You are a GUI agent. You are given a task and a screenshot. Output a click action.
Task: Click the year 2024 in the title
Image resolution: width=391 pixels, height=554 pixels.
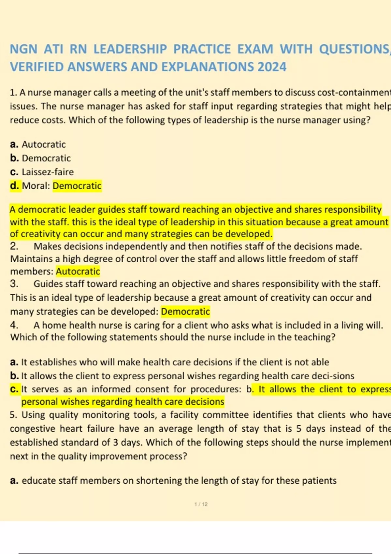[272, 67]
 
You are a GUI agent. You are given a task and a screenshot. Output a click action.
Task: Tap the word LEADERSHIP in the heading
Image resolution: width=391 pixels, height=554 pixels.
[130, 49]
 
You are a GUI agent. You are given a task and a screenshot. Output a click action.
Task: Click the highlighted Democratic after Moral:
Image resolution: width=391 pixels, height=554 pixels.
[77, 186]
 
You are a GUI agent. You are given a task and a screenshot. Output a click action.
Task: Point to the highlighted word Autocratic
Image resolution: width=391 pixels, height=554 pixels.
[78, 271]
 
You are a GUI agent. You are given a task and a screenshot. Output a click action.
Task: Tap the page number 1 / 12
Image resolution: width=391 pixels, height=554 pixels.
[201, 504]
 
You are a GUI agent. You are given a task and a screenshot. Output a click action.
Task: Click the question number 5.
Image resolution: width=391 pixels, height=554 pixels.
[13, 415]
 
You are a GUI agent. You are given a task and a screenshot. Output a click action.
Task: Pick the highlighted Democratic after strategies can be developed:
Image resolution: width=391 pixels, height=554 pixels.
[185, 312]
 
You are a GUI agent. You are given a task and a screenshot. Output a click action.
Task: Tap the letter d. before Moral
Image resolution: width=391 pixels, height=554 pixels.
[14, 186]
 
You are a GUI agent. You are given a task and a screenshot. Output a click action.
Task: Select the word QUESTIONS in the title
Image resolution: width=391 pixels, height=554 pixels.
[354, 49]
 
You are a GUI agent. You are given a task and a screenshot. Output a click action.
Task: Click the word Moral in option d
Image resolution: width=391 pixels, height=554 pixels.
[35, 186]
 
